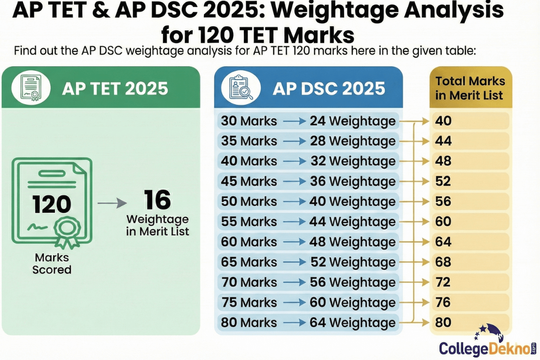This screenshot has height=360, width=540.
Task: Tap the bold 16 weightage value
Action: click(x=157, y=200)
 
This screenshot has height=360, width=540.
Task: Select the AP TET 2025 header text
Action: click(x=115, y=88)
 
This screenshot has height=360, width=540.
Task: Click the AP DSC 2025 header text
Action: click(x=329, y=88)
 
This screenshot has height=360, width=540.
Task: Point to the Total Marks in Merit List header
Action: click(x=470, y=88)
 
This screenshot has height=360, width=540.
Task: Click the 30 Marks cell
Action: click(x=249, y=121)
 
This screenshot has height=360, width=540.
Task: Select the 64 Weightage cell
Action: click(x=352, y=322)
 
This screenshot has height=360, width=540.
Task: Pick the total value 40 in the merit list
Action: click(x=443, y=121)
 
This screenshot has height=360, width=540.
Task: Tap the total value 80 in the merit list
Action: click(x=443, y=322)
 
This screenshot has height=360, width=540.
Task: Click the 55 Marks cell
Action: click(x=249, y=221)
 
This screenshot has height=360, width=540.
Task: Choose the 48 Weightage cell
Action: click(x=352, y=242)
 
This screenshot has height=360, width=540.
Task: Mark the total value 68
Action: click(x=443, y=262)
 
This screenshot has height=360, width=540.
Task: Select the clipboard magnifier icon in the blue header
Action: click(x=241, y=88)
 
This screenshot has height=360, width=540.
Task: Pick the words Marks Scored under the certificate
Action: click(x=52, y=264)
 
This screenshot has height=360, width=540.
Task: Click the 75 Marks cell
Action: click(x=249, y=302)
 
